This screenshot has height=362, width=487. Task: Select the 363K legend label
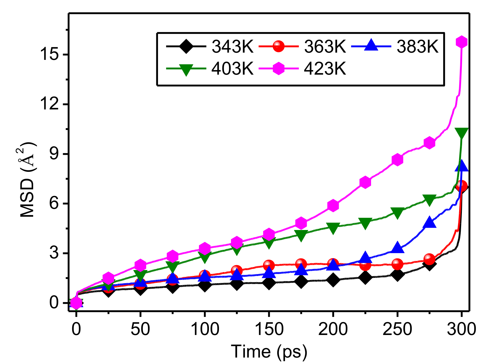point(325,46)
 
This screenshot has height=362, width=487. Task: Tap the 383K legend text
point(417,46)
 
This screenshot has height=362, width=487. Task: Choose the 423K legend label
point(325,68)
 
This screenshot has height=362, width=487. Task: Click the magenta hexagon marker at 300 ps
point(461,42)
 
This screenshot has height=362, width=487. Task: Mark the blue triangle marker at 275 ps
point(429,222)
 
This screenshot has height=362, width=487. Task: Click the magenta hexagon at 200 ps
point(333,206)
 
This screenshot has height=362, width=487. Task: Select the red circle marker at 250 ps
point(397,264)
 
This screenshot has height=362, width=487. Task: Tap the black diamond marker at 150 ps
point(269,283)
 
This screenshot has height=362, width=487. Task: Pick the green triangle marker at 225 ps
point(365,223)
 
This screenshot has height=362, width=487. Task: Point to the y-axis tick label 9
point(54,154)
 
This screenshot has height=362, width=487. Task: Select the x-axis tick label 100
point(205,329)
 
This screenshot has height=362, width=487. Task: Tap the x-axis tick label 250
point(397,329)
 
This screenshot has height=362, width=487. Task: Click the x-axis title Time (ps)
point(269,351)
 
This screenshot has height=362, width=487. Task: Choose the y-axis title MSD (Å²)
point(28,180)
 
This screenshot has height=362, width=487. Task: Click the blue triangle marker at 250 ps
point(397,247)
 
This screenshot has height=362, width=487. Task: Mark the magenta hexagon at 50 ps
point(140,265)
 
